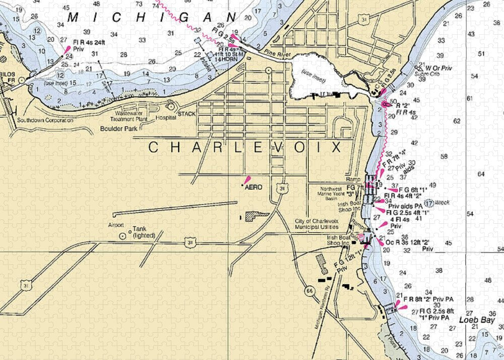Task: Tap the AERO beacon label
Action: [254, 187]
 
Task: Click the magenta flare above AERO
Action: [247, 180]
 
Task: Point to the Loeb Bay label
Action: [474, 320]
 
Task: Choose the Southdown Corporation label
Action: [45, 121]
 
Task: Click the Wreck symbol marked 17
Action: [428, 204]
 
